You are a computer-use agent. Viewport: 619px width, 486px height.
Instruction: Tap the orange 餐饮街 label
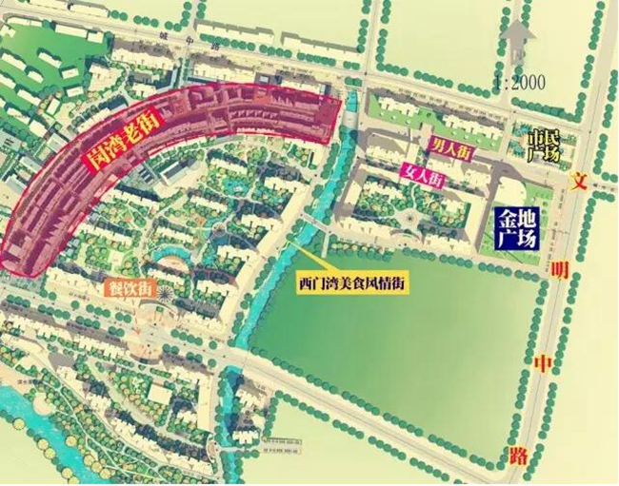pyautogui.click(x=128, y=286)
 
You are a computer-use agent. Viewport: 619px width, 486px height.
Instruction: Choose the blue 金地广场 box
pyautogui.click(x=515, y=226)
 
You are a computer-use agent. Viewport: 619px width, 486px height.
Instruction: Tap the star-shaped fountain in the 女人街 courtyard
pyautogui.click(x=410, y=221)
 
